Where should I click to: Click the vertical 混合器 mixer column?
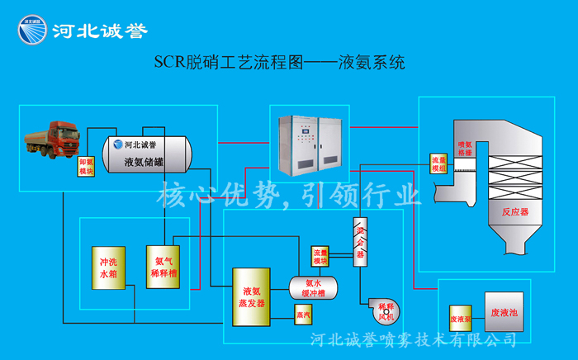(x=360, y=243)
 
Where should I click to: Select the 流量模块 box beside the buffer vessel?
(x=320, y=256)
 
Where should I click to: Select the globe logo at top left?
(x=31, y=31)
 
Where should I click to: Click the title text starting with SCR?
(x=281, y=63)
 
